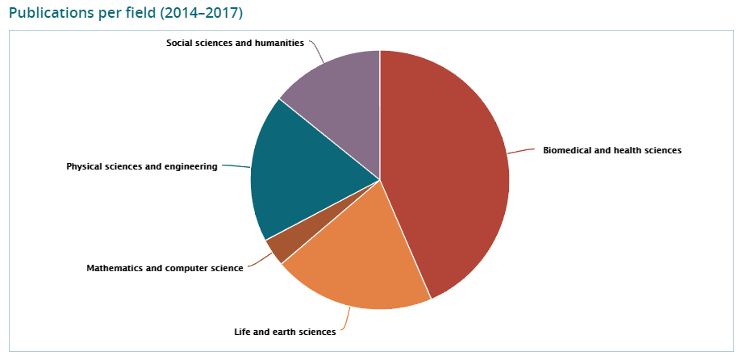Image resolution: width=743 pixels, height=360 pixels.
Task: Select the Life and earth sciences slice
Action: (363, 258)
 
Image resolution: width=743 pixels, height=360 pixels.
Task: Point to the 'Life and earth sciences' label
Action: (285, 332)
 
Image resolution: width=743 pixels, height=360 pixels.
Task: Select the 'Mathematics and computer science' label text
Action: (165, 268)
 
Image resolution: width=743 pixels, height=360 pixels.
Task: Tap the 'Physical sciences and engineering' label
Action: (142, 167)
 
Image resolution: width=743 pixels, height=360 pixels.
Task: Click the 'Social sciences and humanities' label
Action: (235, 43)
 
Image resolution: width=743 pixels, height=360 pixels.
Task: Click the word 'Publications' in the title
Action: (48, 14)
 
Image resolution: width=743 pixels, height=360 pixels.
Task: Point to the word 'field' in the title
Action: (133, 14)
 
